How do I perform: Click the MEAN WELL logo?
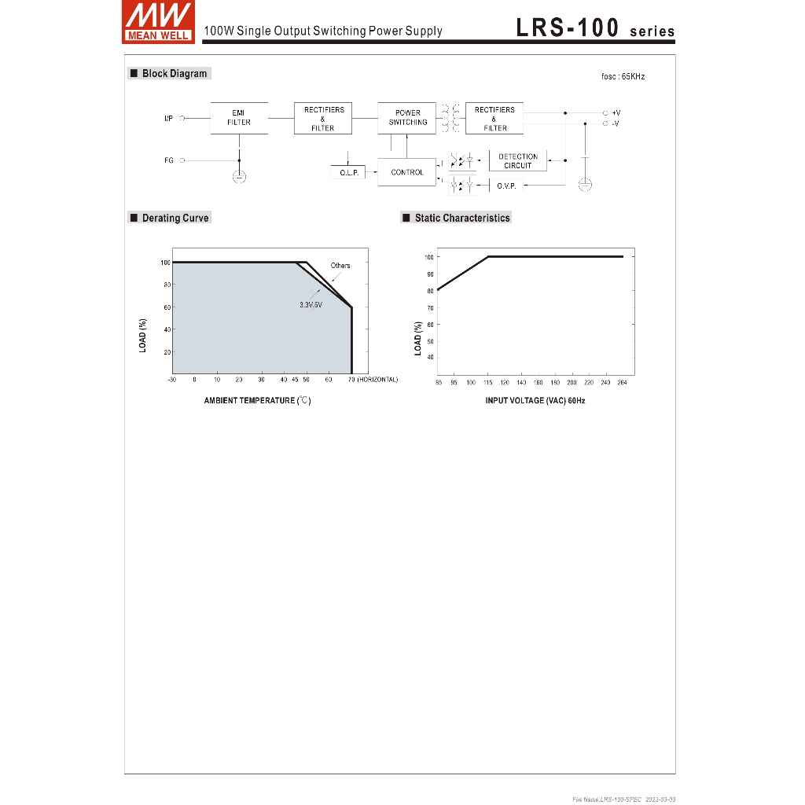point(158,21)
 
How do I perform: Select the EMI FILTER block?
point(239,118)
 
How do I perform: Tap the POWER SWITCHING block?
point(406,118)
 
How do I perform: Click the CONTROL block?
point(406,172)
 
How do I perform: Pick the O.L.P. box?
point(348,172)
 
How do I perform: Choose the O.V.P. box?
point(506,186)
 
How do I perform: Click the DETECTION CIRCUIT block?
point(518,160)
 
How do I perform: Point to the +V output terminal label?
point(616,113)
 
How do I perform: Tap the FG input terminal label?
point(169,160)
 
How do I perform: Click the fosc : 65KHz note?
point(623,76)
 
